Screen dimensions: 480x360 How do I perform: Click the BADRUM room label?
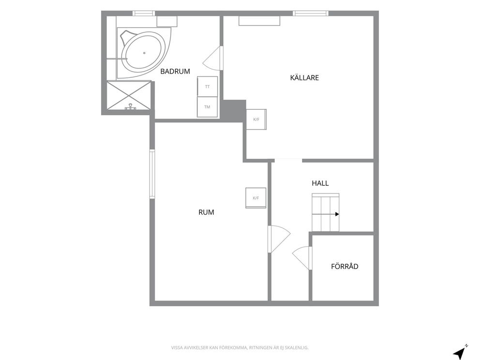click(175, 71)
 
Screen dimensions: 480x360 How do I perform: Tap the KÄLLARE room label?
click(304, 78)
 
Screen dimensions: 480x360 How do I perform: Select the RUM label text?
click(206, 212)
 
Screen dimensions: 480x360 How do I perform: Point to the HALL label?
click(320, 183)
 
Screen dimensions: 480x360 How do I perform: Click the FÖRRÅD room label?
click(345, 266)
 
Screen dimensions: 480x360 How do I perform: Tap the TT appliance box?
click(207, 87)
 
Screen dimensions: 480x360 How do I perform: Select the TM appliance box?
click(207, 107)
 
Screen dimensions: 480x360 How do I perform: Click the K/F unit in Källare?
click(256, 120)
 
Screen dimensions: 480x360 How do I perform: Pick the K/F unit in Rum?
click(255, 198)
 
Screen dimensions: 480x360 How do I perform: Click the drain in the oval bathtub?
click(144, 53)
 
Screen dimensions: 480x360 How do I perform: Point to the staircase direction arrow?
click(326, 214)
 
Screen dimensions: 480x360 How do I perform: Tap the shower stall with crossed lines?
click(129, 95)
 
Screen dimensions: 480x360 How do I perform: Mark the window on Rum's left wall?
click(152, 174)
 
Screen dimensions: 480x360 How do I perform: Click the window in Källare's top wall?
click(311, 13)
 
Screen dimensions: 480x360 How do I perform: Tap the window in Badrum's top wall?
click(144, 13)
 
